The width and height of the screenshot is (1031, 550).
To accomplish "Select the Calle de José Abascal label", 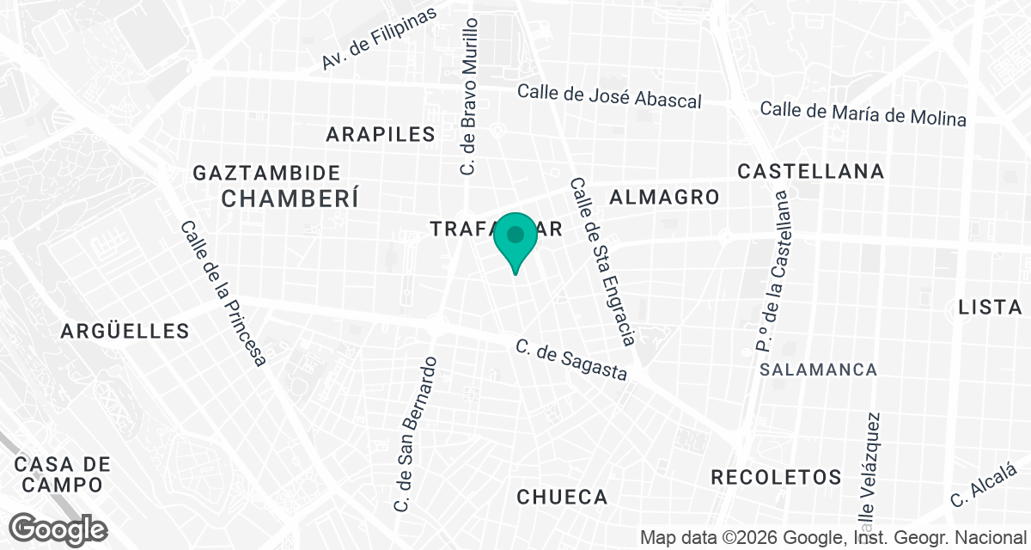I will [609, 96].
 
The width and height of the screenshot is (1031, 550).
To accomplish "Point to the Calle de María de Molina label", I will [863, 113].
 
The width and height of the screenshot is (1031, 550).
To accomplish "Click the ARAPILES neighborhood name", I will [381, 134].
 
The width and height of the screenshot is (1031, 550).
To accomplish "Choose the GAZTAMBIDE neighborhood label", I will [266, 173].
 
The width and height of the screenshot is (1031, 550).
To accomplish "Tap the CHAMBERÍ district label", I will [289, 199].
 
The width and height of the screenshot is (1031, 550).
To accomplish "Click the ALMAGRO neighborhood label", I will [664, 197].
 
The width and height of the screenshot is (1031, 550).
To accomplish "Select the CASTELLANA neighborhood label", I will [811, 171].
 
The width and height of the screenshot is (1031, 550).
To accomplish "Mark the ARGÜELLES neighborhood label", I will [125, 331].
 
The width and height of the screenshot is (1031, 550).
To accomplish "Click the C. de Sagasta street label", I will [571, 360].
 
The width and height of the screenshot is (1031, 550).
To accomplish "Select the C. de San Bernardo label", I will [418, 434].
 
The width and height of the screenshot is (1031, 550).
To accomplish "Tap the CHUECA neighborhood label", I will [563, 497].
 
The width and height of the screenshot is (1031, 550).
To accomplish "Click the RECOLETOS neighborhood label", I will [776, 477].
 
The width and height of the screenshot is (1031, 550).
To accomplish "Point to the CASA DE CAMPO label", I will [63, 474].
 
